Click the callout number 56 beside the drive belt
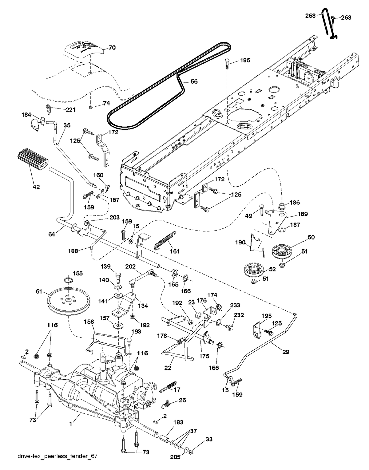coord(194,81)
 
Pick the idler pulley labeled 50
coord(282,251)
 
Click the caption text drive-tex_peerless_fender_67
coord(57,462)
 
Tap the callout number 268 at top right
coord(310,16)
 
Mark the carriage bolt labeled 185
coord(227,64)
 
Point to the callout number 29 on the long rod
coord(286,352)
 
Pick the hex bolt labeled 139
coord(118,278)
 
